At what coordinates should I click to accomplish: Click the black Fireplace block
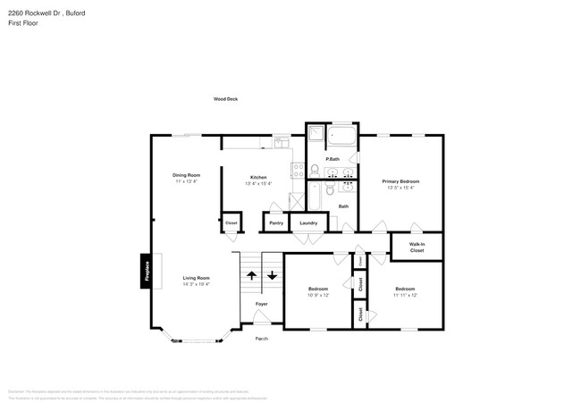[146, 270]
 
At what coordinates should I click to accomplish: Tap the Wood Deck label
[225, 99]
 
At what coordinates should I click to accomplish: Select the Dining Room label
[186, 174]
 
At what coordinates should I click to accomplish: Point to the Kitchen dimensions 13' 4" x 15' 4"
[257, 183]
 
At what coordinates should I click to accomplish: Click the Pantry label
[276, 222]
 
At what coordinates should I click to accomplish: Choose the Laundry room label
[308, 222]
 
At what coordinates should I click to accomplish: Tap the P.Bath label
[332, 159]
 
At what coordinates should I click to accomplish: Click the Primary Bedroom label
[400, 181]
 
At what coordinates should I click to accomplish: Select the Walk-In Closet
[417, 247]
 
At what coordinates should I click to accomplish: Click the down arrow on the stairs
[272, 275]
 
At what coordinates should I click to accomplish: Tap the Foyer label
[261, 304]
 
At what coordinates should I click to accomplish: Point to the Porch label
[261, 339]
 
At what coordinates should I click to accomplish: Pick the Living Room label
[196, 278]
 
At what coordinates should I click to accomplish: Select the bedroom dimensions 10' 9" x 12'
[319, 295]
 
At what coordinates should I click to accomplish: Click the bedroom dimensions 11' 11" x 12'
[405, 295]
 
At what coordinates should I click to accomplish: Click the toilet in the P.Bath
[315, 170]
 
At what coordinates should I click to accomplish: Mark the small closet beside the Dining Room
[231, 222]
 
